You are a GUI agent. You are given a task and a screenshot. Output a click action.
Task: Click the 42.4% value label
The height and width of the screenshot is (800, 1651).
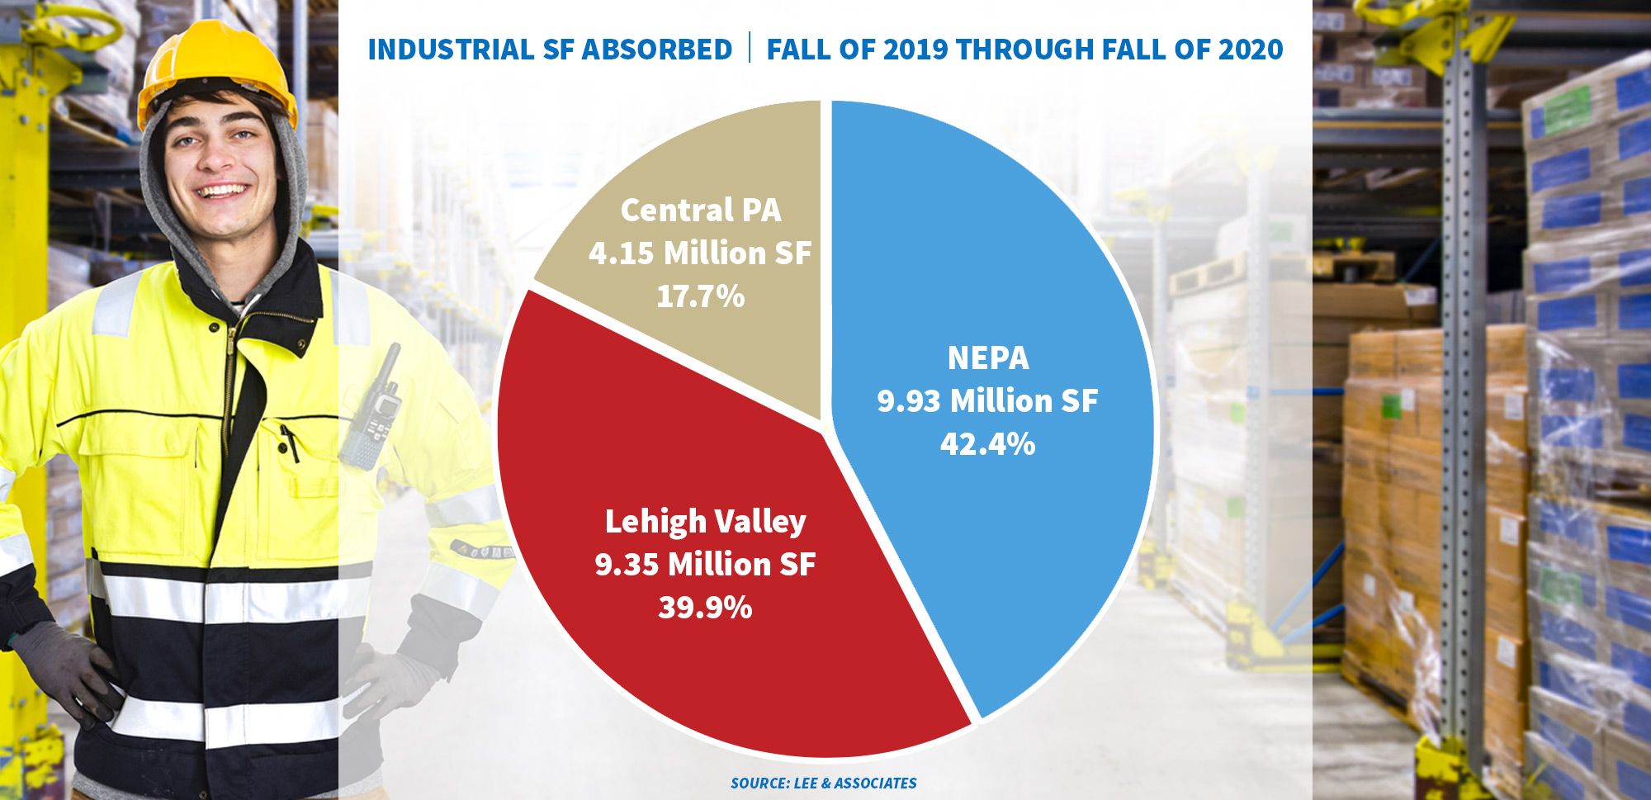click(987, 444)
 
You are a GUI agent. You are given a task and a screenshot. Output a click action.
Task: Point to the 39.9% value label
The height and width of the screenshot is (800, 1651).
click(705, 608)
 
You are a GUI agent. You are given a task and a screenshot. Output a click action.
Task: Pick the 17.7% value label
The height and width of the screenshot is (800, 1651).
click(700, 296)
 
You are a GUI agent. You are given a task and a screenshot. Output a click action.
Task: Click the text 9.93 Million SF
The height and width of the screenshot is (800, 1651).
click(987, 401)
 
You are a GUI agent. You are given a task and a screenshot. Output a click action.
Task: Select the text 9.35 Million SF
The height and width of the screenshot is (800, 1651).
click(705, 565)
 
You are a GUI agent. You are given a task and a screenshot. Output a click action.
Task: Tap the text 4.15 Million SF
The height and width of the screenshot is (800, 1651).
click(700, 253)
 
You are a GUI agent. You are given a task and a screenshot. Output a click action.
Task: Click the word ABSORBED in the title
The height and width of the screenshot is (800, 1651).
click(657, 50)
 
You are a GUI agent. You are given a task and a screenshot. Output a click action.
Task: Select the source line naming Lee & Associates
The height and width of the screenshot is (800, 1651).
click(823, 783)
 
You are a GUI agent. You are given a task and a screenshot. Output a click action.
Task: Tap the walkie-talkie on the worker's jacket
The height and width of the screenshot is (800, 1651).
click(373, 413)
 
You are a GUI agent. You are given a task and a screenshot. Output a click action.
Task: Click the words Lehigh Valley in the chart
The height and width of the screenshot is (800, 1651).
click(705, 522)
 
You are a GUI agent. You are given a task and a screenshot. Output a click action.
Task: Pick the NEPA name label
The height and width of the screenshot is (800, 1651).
click(987, 358)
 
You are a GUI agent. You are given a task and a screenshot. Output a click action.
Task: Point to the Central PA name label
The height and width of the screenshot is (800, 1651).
click(700, 210)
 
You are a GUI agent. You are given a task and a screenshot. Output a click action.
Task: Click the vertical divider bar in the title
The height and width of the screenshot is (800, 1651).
click(750, 48)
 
